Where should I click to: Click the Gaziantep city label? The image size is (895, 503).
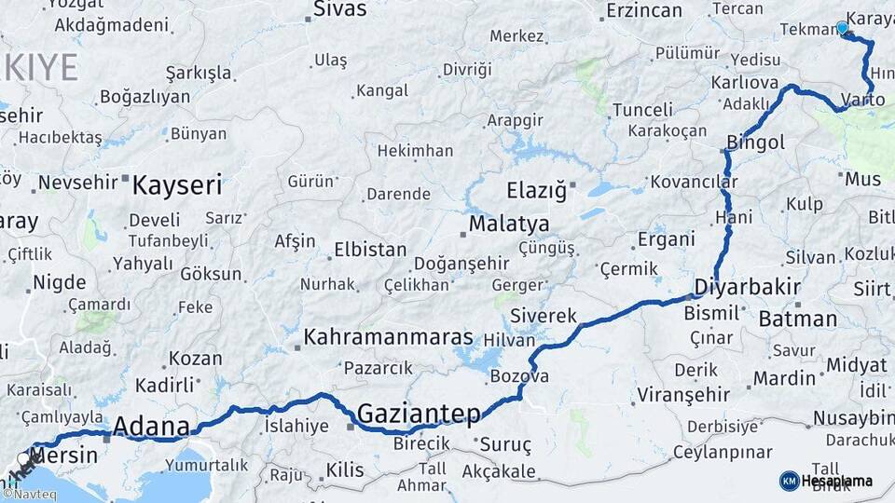tap(419, 414)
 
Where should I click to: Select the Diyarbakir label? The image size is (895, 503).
tap(748, 287)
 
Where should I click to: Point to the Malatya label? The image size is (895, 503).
tap(508, 224)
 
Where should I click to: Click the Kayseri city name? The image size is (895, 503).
tap(177, 184)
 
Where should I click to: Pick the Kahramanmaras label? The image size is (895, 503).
tap(388, 337)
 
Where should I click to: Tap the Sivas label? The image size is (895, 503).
tap(340, 9)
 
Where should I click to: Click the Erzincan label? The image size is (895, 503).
tap(643, 11)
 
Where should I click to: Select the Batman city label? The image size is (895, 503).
tap(798, 319)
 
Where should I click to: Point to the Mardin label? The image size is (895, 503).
tap(784, 378)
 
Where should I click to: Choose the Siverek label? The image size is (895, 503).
tap(544, 316)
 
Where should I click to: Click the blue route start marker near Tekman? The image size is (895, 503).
tap(842, 28)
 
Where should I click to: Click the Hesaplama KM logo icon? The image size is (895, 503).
tap(790, 481)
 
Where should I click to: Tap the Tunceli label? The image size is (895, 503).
tap(642, 110)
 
